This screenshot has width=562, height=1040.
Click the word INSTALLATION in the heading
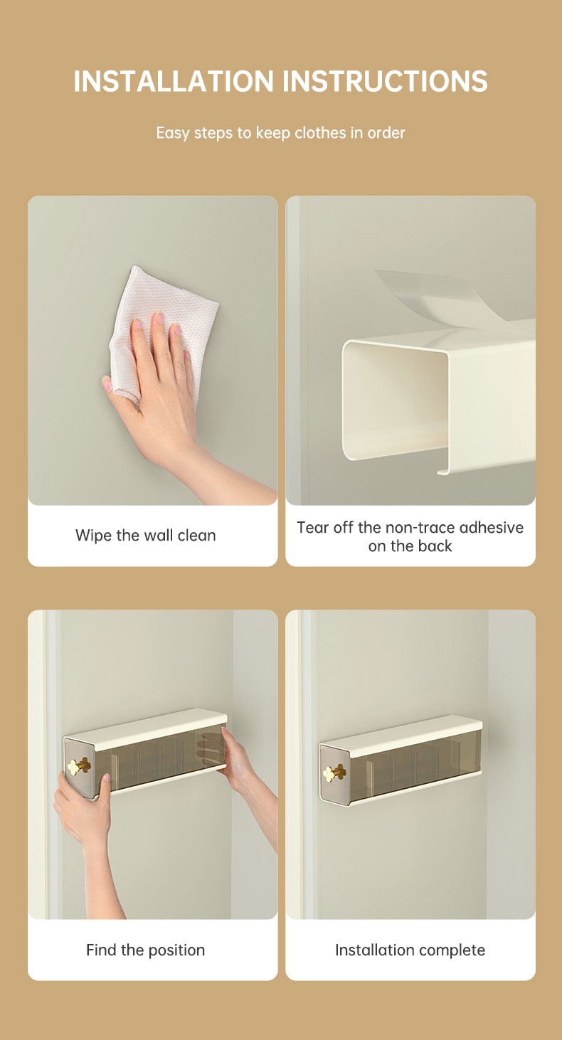[x=174, y=81]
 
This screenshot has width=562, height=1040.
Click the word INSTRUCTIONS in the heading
[x=385, y=81]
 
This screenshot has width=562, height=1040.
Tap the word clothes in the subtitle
[x=320, y=133]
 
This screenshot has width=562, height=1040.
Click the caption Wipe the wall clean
[x=145, y=536]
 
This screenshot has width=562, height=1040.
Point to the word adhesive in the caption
[x=492, y=527]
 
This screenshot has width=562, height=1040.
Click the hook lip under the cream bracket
[x=444, y=471]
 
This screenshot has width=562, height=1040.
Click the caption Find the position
[x=145, y=950]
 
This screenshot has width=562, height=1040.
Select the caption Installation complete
[x=410, y=950]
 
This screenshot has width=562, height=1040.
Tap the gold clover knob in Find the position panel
[x=78, y=766]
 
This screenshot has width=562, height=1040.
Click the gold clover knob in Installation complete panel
[x=334, y=773]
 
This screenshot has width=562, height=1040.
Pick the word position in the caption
[x=176, y=950]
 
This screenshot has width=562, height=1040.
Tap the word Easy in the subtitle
[x=173, y=133]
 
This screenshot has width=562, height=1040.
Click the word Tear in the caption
[x=312, y=527]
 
